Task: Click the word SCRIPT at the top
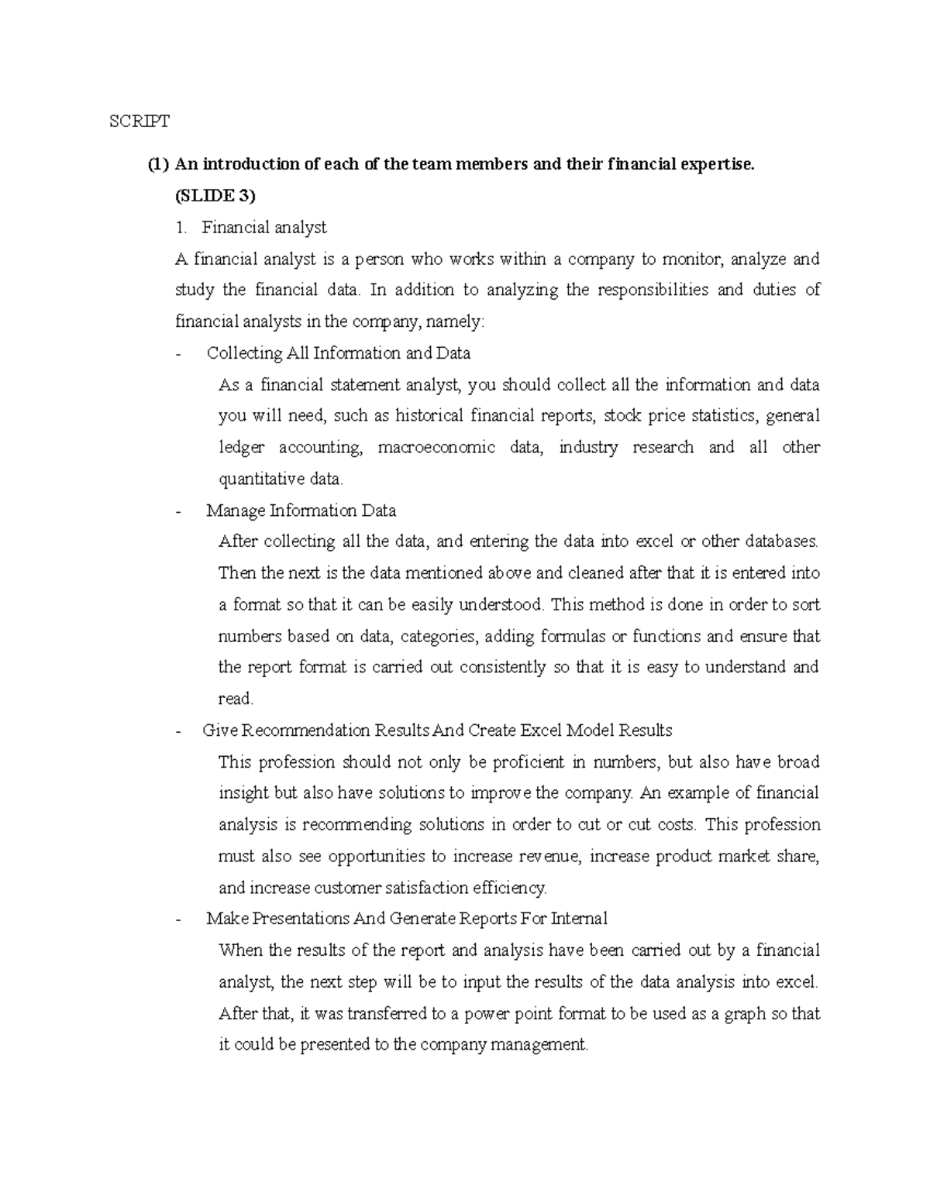[x=139, y=121]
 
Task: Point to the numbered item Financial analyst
[x=263, y=228]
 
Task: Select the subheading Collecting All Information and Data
[x=339, y=353]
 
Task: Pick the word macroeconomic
[x=436, y=448]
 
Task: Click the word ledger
[x=241, y=448]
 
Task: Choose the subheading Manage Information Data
[x=301, y=511]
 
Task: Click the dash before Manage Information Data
[x=180, y=511]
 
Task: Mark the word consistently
[x=502, y=667]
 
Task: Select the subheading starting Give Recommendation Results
[x=437, y=730]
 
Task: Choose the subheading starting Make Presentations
[x=407, y=919]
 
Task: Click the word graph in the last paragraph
[x=745, y=1013]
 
